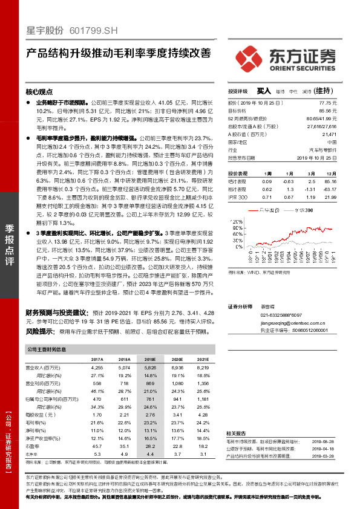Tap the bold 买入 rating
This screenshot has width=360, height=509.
pyautogui.click(x=264, y=90)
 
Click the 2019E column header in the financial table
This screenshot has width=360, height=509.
pyautogui.click(x=150, y=358)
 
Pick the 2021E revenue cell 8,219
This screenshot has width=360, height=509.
pyautogui.click(x=203, y=368)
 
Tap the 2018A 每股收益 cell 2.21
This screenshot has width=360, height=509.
pyautogui.click(x=125, y=415)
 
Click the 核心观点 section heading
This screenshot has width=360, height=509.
pyautogui.click(x=39, y=92)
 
